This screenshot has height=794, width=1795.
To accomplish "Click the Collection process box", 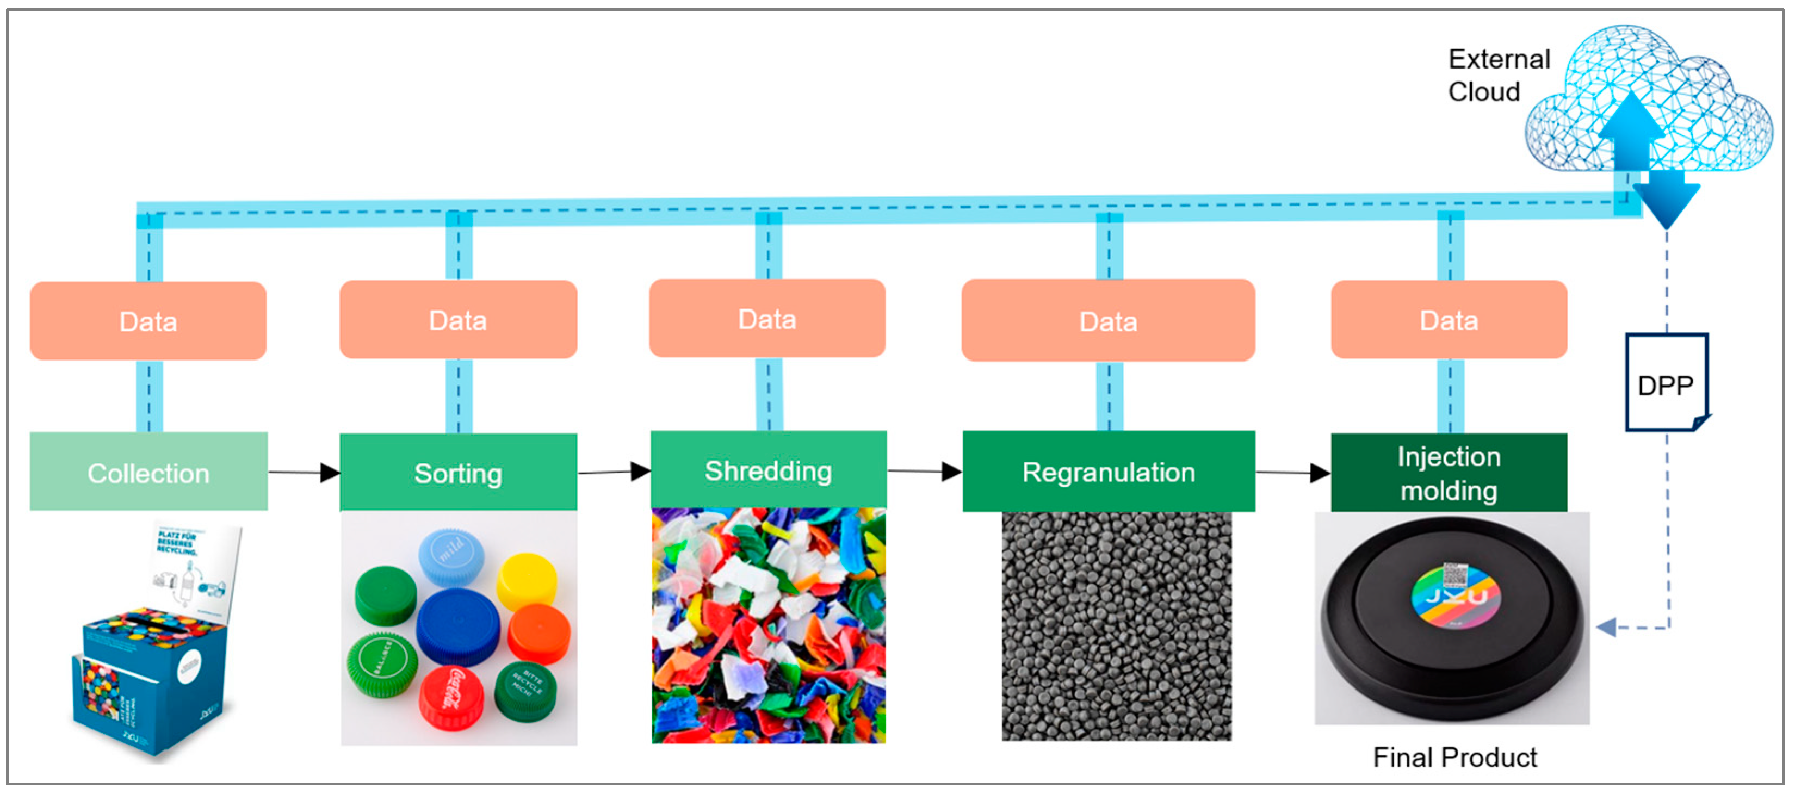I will (x=148, y=472).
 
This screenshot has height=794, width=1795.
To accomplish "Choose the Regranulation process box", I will (x=1108, y=472).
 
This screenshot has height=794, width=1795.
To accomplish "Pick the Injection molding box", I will (x=1449, y=473).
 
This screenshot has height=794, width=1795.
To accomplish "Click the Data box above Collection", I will (x=148, y=321).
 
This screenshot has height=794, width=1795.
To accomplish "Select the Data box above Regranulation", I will (x=1108, y=320).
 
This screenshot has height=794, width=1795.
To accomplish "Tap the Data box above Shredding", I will (x=767, y=319).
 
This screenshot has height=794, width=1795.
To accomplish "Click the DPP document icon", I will (x=1666, y=382).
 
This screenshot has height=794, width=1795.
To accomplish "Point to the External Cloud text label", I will (x=1498, y=75).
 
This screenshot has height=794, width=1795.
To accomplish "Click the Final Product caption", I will (x=1454, y=757).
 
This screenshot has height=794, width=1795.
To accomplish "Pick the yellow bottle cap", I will (x=527, y=581).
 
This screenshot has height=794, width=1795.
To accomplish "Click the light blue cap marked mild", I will (x=451, y=556).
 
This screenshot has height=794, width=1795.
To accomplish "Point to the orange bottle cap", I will (x=538, y=634).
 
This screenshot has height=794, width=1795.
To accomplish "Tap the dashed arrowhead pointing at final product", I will (x=1606, y=628).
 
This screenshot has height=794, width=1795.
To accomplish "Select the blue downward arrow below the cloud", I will (x=1666, y=199).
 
